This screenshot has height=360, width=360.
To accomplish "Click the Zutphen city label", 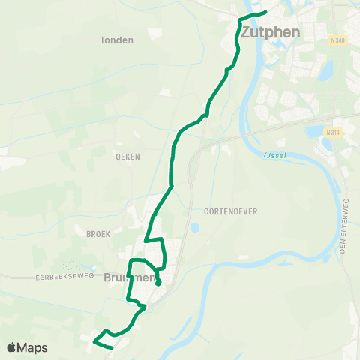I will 271,32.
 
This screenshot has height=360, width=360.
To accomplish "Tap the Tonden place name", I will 116,40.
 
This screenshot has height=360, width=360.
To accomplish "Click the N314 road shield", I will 332,133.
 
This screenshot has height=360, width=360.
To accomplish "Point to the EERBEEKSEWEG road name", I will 63,277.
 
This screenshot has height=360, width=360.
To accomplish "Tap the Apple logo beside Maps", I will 12,347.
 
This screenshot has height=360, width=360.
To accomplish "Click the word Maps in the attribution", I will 33,347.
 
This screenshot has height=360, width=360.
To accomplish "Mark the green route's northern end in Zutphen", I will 266,12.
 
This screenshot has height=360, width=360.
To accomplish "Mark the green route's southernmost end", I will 112,348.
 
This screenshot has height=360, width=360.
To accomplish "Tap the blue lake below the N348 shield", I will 327,71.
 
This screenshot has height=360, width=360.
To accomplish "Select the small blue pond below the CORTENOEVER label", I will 195,228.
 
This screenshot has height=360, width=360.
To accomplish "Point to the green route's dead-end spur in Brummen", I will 158,283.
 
